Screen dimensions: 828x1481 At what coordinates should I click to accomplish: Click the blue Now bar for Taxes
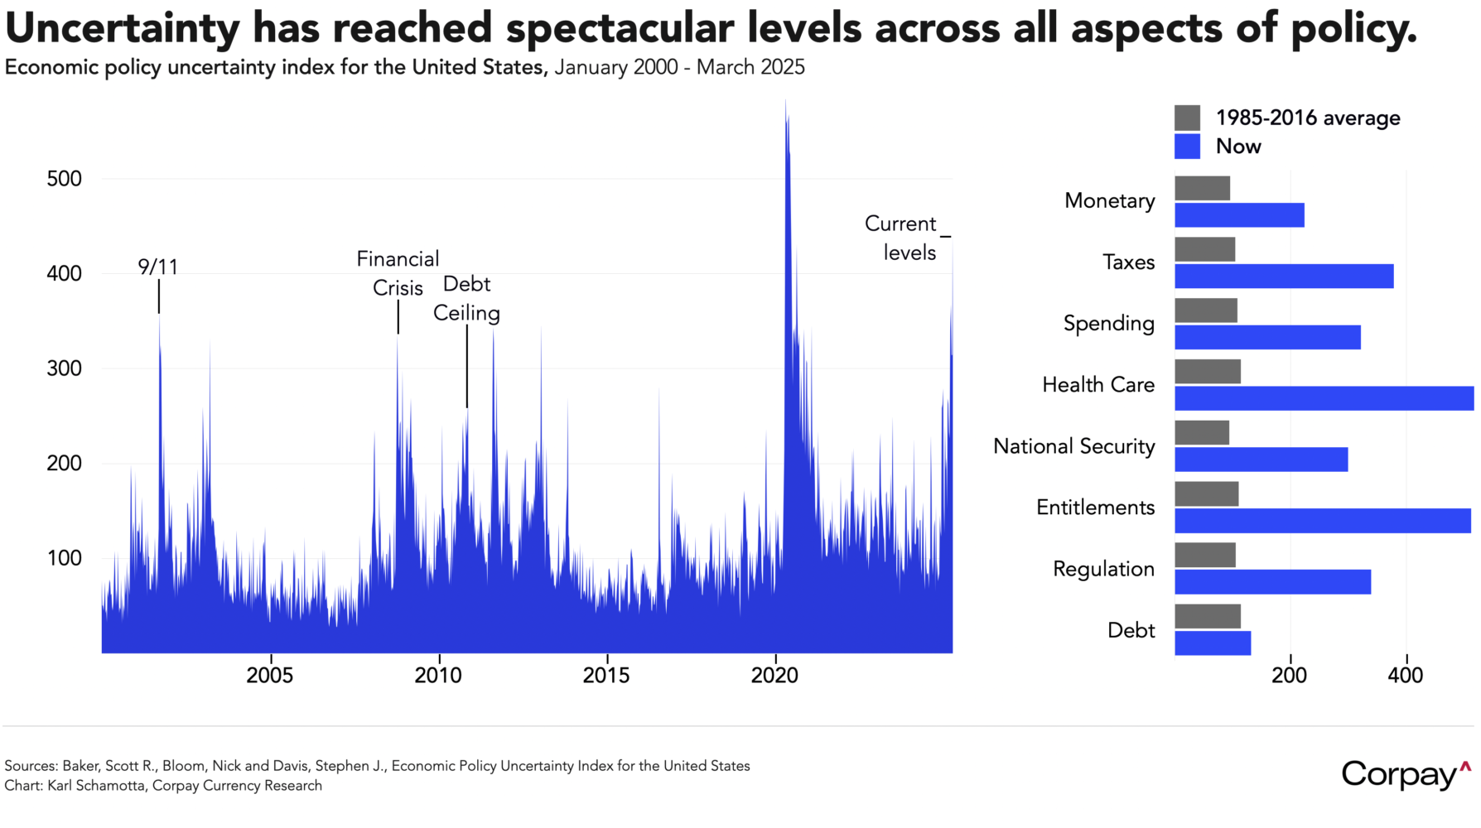(x=1283, y=277)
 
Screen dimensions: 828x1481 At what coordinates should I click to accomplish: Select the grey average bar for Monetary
(x=1202, y=188)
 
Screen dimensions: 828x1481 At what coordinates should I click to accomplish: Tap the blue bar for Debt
(x=1212, y=643)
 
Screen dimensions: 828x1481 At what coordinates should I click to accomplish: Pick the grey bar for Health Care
(x=1207, y=372)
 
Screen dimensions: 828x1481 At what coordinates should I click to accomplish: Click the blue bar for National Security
(x=1261, y=460)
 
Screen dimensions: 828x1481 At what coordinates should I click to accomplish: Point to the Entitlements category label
(x=1095, y=508)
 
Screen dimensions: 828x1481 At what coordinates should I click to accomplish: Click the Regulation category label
(x=1103, y=569)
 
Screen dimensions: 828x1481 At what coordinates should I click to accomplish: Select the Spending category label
(x=1108, y=323)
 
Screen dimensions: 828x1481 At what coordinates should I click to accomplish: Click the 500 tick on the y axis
(x=65, y=179)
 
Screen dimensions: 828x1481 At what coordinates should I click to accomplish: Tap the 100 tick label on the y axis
(x=65, y=558)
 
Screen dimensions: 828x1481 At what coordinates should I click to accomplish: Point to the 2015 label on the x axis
(x=606, y=676)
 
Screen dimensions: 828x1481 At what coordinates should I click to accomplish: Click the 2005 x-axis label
(x=270, y=676)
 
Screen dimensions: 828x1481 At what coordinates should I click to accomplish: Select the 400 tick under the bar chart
(x=1405, y=676)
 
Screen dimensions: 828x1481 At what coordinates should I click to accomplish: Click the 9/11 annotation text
(x=157, y=267)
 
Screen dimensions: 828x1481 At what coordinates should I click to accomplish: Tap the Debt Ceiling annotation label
(x=466, y=299)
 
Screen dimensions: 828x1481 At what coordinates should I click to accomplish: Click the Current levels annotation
(x=901, y=238)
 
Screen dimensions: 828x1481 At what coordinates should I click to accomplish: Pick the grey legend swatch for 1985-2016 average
(x=1187, y=118)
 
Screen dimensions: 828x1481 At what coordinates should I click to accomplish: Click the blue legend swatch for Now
(x=1187, y=147)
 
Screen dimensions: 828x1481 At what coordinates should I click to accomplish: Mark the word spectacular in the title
(x=619, y=28)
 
